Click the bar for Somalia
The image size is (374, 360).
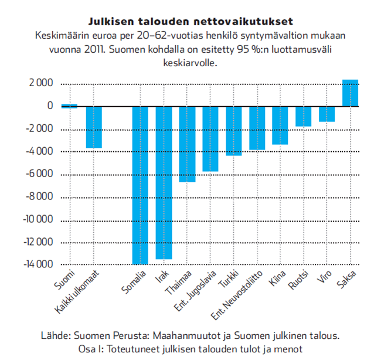point(140,185)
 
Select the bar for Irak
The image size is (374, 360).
point(164,183)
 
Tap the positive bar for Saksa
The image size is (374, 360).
point(351,93)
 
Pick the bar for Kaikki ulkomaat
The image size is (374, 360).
point(94,127)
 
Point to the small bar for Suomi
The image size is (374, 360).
point(69,106)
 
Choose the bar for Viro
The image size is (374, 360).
point(327,114)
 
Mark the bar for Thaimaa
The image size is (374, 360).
point(187,144)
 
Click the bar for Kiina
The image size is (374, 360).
point(280,125)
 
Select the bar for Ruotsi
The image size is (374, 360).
point(304,117)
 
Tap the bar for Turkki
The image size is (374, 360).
point(234,131)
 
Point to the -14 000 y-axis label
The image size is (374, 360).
point(39,264)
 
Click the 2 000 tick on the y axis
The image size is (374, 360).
point(41,83)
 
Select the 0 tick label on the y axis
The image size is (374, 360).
point(50,106)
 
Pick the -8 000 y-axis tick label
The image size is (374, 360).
point(40,196)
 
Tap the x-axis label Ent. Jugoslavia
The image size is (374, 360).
point(195,291)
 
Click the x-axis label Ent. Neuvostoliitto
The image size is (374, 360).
point(237,295)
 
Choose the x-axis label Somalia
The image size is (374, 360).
point(134,282)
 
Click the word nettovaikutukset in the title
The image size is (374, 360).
point(243,22)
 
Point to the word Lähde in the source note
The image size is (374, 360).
point(56,335)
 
